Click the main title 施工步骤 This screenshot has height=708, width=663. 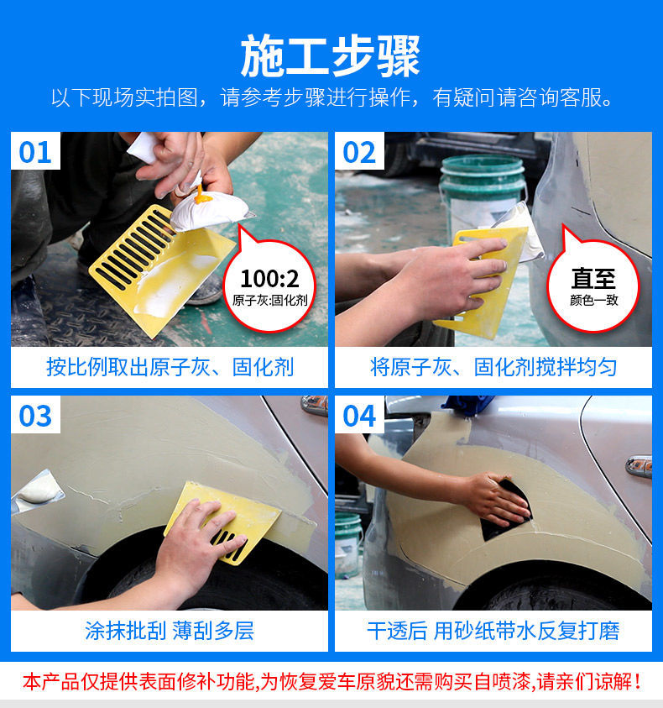point(331,55)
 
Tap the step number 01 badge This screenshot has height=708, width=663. point(36,152)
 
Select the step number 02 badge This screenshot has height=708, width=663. point(359,152)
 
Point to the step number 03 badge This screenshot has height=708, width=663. point(36,416)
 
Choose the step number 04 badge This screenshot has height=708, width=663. point(359,416)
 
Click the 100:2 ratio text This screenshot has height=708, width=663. point(269,279)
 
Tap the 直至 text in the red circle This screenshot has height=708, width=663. point(593,279)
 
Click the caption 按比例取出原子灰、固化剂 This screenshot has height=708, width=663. point(170,367)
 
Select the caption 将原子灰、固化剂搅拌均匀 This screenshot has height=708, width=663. point(493,367)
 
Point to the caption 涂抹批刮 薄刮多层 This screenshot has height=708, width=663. point(170,630)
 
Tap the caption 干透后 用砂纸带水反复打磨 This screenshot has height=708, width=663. point(493,630)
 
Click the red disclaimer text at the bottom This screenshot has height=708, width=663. point(331,680)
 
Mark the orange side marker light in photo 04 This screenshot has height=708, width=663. point(639,466)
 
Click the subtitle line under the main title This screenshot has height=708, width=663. point(331,97)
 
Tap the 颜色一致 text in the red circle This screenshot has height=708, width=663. point(593,300)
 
